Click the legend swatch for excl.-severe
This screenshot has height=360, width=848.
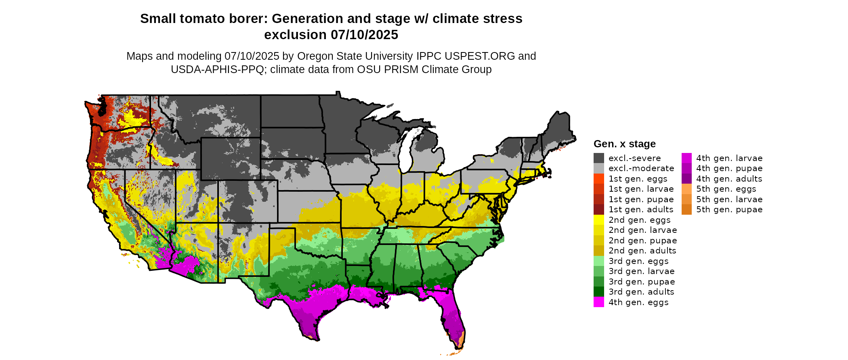pyautogui.click(x=599, y=158)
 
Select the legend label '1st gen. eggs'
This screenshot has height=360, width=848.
pyautogui.click(x=638, y=179)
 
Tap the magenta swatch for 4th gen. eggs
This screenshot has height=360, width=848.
pyautogui.click(x=599, y=302)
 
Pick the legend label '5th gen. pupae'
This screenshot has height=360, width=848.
pyautogui.click(x=729, y=209)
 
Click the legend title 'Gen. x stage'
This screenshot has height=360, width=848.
pyautogui.click(x=624, y=144)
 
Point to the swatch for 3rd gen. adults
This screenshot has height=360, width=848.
pyautogui.click(x=599, y=292)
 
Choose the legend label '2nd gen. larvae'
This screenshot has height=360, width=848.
pyautogui.click(x=642, y=230)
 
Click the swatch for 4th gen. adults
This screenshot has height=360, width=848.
pyautogui.click(x=686, y=179)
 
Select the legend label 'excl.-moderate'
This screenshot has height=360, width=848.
pyautogui.click(x=641, y=168)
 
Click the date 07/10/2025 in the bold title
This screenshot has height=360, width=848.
pyautogui.click(x=364, y=35)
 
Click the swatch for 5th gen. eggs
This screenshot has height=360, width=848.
pyautogui.click(x=686, y=189)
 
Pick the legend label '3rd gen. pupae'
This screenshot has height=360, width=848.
pyautogui.click(x=642, y=282)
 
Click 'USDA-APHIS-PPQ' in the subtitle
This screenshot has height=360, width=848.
pyautogui.click(x=217, y=69)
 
